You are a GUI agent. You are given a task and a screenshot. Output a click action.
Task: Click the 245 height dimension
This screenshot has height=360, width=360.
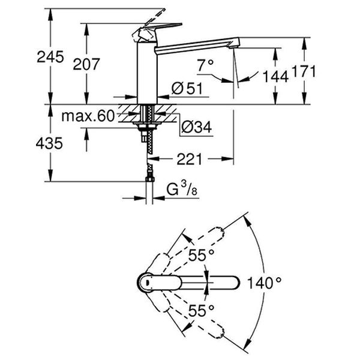(x=50, y=57)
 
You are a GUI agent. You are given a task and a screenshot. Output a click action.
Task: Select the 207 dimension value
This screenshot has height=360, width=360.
(x=86, y=64)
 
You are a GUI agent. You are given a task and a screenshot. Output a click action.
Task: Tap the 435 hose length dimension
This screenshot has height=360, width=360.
(x=49, y=143)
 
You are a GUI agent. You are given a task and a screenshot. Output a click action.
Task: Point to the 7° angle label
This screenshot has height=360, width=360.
(x=205, y=65)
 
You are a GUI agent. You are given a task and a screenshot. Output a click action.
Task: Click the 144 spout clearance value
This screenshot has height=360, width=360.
(x=275, y=76)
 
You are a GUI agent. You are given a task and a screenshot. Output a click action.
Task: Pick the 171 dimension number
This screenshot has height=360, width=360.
(x=304, y=71)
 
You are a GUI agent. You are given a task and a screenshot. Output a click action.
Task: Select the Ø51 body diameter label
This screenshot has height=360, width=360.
(x=187, y=88)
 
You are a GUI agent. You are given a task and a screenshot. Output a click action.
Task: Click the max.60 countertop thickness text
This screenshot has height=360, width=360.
(x=88, y=116)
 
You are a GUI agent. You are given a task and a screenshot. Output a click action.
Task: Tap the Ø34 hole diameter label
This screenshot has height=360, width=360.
(x=196, y=127)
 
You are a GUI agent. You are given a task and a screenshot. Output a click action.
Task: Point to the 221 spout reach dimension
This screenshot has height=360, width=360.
(x=190, y=159)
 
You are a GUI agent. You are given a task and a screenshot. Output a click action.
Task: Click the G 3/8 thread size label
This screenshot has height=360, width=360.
(x=182, y=188)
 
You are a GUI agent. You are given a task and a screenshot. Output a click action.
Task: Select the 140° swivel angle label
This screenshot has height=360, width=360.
(x=264, y=283)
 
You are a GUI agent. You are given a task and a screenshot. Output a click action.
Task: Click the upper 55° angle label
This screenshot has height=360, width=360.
(x=202, y=255)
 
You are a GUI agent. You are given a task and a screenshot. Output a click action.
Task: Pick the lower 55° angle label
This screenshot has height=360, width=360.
(x=202, y=310)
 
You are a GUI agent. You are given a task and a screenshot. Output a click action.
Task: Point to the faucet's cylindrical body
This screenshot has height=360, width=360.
(x=147, y=73)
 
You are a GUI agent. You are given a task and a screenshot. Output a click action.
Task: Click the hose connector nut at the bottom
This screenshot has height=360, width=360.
(x=149, y=179)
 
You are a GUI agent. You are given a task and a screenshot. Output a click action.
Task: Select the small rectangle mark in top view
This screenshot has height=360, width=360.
(x=147, y=282)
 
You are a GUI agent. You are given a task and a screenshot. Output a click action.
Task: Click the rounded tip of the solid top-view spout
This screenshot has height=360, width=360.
(x=237, y=282)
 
